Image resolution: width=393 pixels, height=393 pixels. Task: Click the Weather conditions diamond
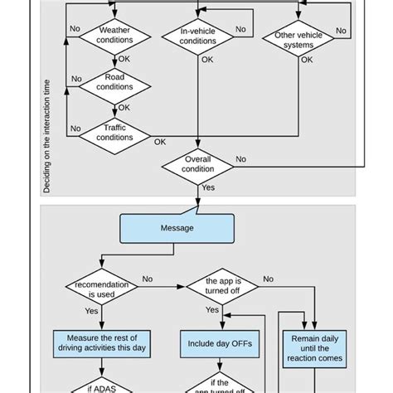tap(114, 36)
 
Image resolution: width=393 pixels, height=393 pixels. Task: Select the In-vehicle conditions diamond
tap(198, 36)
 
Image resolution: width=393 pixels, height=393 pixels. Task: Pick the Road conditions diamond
tap(114, 82)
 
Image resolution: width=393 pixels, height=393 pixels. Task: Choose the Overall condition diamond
tap(198, 164)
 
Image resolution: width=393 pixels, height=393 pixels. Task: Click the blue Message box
tap(177, 228)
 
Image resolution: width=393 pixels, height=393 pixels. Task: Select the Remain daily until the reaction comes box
tap(315, 349)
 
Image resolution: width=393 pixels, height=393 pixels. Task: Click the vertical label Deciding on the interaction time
tap(46, 137)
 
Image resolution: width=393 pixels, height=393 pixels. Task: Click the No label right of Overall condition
tap(240, 159)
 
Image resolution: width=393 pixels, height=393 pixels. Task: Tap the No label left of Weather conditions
tap(75, 28)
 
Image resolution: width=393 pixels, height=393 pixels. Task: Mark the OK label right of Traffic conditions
tap(160, 142)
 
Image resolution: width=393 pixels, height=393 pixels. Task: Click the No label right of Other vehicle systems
tap(340, 31)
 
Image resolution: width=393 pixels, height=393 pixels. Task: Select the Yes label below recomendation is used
tap(91, 311)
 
